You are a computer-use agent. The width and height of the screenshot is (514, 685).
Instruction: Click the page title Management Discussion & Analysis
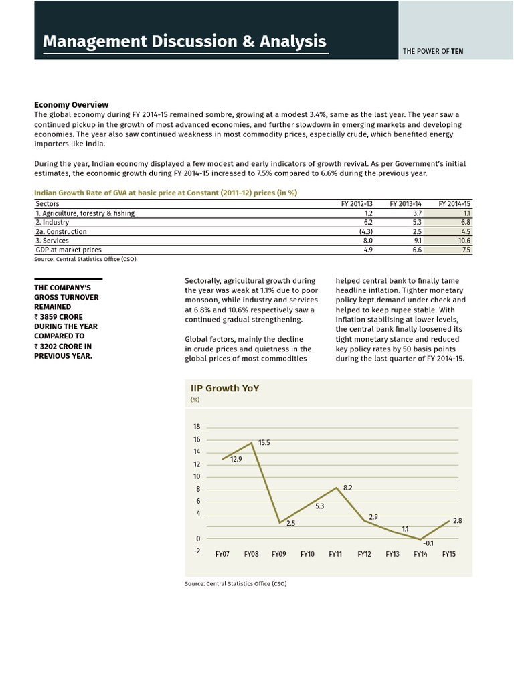pos(184,42)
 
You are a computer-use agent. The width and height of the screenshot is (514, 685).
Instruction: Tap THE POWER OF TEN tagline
pos(433,50)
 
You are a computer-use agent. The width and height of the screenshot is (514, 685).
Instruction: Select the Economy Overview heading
pos(71,105)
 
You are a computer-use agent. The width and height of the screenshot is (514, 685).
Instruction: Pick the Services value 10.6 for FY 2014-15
pos(464,240)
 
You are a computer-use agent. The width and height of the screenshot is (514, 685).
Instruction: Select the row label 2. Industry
pos(53,222)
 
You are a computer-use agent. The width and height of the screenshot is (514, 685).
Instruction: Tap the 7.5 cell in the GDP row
pos(466,250)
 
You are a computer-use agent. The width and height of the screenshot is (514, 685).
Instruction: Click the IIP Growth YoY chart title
pos(225,388)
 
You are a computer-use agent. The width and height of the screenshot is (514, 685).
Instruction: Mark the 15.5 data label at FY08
pos(264,443)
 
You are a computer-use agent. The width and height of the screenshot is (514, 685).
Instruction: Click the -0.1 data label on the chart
pos(428,543)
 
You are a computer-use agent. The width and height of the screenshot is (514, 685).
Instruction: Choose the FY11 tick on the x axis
pos(336,555)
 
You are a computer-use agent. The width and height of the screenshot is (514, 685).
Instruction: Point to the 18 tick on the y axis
pos(196,427)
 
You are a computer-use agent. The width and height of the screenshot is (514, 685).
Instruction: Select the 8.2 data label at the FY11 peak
pos(347,488)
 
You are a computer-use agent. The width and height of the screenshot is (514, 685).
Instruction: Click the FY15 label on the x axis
pos(449,555)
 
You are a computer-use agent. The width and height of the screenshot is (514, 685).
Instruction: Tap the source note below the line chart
pos(236,584)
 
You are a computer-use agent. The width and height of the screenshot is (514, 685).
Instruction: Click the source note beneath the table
pos(85,259)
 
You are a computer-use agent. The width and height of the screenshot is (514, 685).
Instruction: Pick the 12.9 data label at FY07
pos(236,460)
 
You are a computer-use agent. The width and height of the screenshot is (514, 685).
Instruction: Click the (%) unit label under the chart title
pos(195,400)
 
